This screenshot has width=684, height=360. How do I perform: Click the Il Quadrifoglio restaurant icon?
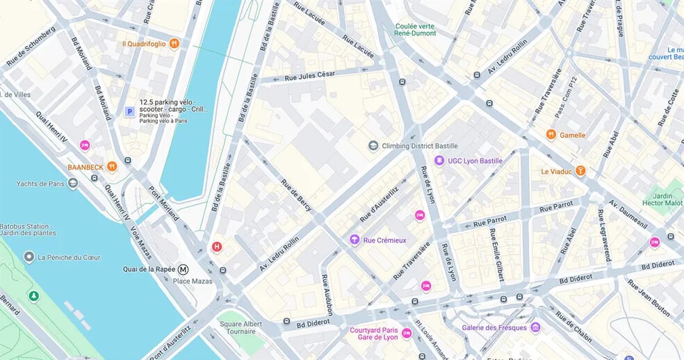pos(174,43)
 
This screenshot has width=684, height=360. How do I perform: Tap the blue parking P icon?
pos(129,111)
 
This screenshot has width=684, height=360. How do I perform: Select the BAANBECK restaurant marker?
pos(112,167)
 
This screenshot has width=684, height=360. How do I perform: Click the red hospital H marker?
pos(217,247)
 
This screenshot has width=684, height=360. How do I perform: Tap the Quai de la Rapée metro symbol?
pos(184,270)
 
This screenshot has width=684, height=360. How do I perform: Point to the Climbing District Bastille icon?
pos(373,146)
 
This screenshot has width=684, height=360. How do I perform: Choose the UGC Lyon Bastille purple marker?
pos(439,161)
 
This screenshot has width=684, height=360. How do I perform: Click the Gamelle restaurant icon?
pos(551,135)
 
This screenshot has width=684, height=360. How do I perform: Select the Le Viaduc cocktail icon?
pos(580,171)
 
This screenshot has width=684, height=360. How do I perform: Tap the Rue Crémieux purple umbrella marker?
pos(355,240)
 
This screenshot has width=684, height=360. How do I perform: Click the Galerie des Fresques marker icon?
pos(535,327)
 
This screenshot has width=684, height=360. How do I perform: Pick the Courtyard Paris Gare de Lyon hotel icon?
pos(407,334)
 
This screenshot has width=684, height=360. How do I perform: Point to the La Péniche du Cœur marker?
pos(28,257)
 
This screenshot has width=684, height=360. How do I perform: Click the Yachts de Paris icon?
pos(73,184)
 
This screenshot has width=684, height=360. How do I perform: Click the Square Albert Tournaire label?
pos(241,328)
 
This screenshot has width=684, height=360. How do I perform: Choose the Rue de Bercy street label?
pos(296,195)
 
